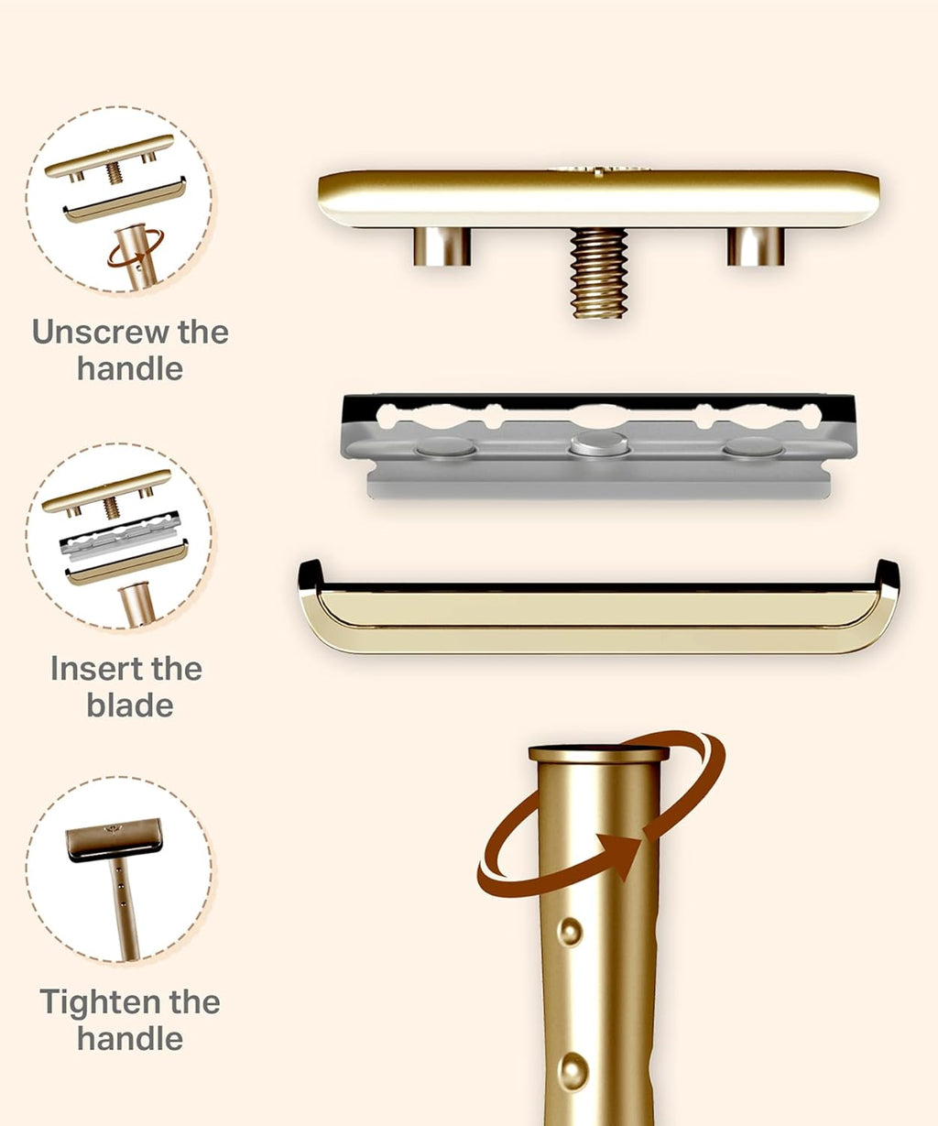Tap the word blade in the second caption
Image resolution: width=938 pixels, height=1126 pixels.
point(130,705)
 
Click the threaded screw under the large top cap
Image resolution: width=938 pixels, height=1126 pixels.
point(598,272)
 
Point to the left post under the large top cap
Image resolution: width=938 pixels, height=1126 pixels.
point(442,246)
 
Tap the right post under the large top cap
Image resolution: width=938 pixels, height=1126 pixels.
point(756,246)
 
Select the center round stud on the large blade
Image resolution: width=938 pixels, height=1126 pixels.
point(599,443)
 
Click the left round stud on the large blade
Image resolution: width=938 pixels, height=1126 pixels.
point(446,447)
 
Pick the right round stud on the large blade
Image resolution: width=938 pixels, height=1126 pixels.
point(753,447)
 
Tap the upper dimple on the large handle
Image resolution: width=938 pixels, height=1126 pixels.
point(569,932)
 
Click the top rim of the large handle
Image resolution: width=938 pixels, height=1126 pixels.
point(598,754)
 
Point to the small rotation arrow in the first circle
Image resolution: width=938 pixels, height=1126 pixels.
point(136,248)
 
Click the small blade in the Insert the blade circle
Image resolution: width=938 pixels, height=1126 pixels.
point(120,537)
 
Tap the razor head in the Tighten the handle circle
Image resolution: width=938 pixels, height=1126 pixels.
point(115,840)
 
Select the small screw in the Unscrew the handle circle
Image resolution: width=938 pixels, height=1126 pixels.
point(114,172)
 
